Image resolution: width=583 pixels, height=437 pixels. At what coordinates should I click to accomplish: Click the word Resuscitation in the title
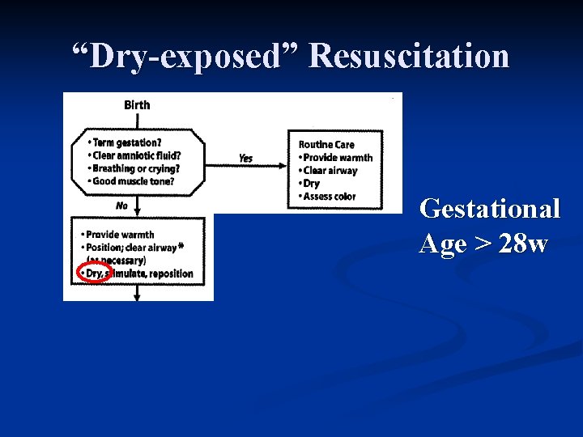[409, 57]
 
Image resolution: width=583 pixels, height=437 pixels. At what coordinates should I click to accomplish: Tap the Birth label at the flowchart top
[137, 104]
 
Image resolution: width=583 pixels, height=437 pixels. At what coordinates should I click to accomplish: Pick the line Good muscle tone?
[130, 181]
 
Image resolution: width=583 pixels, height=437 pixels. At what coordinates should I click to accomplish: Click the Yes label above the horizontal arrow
[245, 159]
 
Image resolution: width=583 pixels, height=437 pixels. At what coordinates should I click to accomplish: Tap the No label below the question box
[121, 206]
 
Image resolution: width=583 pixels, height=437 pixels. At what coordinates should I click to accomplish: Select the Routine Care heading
[327, 145]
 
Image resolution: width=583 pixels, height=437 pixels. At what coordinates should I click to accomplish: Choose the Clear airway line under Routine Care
[330, 171]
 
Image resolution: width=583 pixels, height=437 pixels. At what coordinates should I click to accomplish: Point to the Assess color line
[329, 197]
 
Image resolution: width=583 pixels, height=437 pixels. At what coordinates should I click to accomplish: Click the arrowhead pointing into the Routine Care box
[286, 165]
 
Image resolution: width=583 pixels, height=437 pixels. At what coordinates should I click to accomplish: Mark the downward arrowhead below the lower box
[136, 297]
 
